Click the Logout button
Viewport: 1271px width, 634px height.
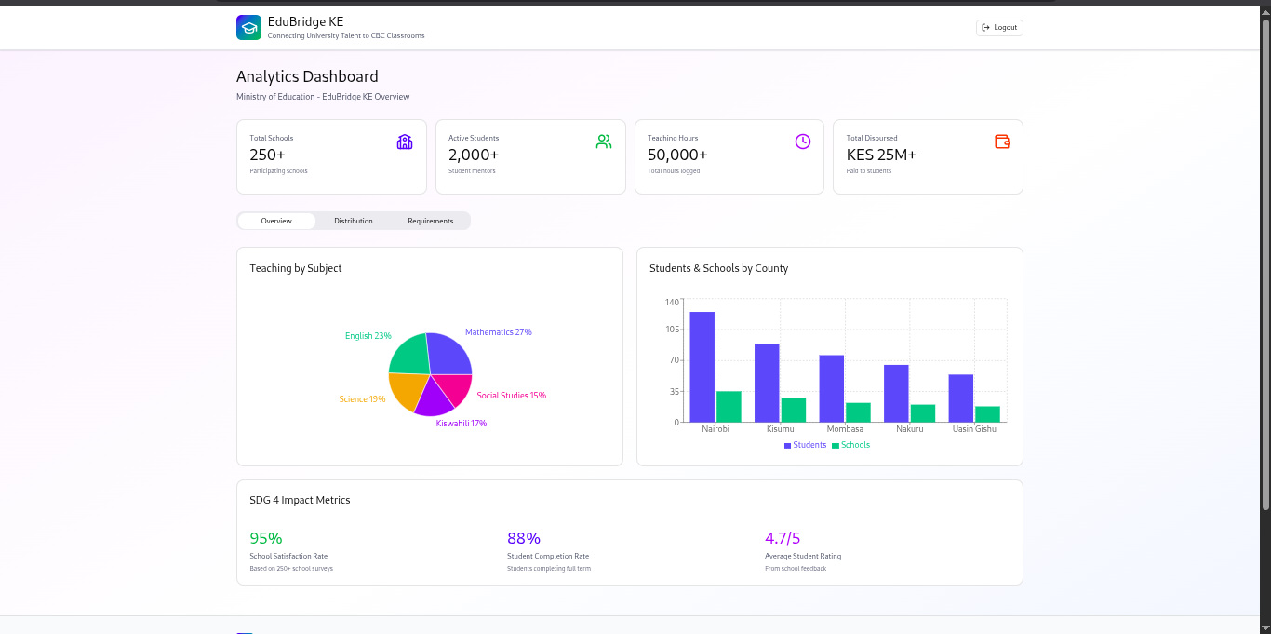pyautogui.click(x=999, y=28)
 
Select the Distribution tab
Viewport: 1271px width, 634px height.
pyautogui.click(x=354, y=221)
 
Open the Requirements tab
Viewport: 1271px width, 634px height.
pyautogui.click(x=430, y=221)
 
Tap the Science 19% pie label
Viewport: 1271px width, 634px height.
pyautogui.click(x=362, y=399)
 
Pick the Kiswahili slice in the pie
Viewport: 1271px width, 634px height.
pyautogui.click(x=433, y=398)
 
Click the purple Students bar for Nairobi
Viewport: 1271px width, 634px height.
pyautogui.click(x=702, y=367)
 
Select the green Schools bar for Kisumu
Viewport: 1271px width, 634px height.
pyautogui.click(x=794, y=410)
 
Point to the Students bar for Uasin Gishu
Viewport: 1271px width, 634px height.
pyautogui.click(x=961, y=398)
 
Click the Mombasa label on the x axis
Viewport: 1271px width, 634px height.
pyautogui.click(x=845, y=429)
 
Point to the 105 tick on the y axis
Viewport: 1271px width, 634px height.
pyautogui.click(x=673, y=330)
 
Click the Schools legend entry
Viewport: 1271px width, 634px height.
pyautogui.click(x=850, y=445)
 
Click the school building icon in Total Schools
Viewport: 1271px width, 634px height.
pyautogui.click(x=405, y=142)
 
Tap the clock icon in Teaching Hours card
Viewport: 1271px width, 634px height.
pyautogui.click(x=803, y=142)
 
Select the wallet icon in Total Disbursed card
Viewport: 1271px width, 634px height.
pyautogui.click(x=1002, y=142)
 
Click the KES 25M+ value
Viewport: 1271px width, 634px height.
pyautogui.click(x=881, y=155)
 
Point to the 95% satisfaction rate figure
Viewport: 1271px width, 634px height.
pyautogui.click(x=266, y=538)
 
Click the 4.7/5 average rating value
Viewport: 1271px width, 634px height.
pyautogui.click(x=783, y=538)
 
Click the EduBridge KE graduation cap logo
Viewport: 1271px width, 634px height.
pyautogui.click(x=248, y=28)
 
